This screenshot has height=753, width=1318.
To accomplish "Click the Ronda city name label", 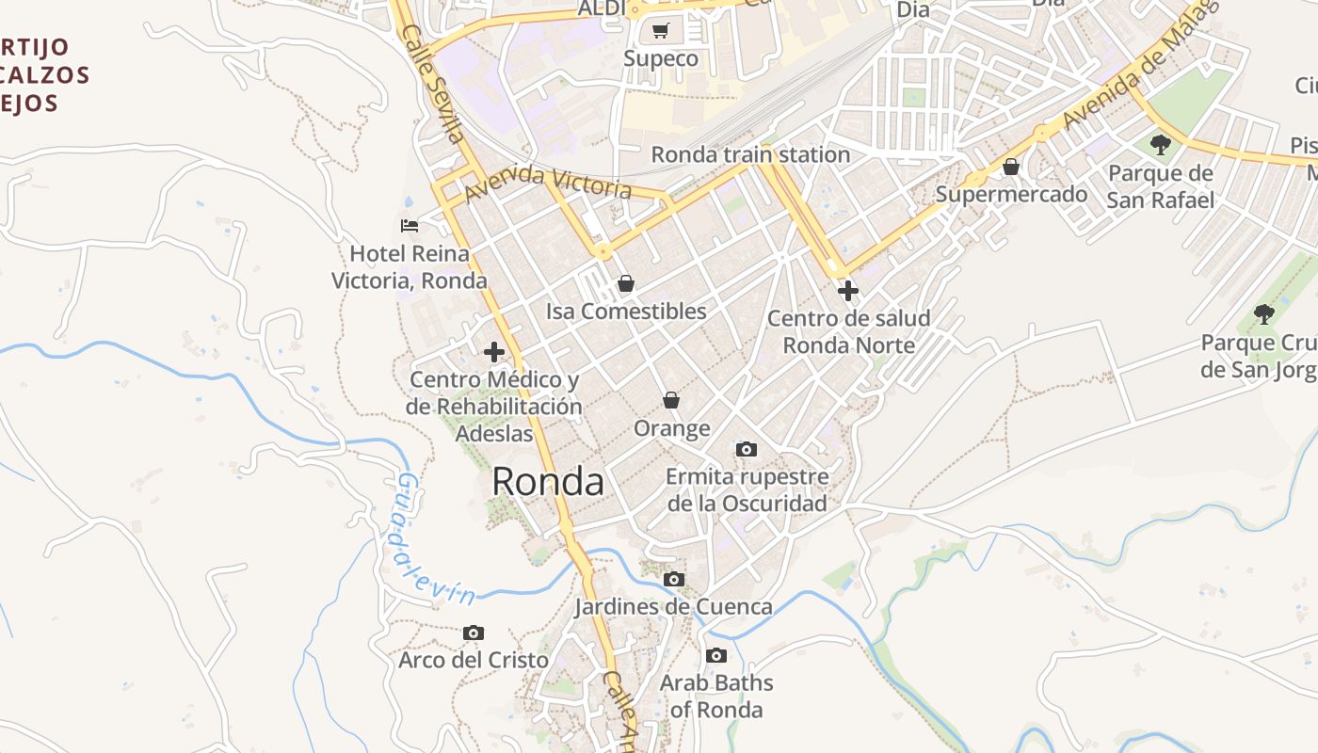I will (547, 481).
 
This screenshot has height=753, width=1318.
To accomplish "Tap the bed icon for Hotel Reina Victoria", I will (410, 226).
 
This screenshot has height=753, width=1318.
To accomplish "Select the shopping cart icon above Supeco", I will (661, 31).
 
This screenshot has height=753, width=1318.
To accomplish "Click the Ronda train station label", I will (750, 154).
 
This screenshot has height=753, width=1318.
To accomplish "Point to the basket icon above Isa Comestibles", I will (625, 283).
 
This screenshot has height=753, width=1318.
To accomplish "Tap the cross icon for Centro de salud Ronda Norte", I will (847, 291).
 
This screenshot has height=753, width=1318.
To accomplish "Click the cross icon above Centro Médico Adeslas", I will (493, 352).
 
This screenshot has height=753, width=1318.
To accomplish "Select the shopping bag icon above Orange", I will (671, 401).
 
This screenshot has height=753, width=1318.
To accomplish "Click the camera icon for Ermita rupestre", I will (747, 450).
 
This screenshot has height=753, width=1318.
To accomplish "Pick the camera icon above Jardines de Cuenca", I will (674, 580).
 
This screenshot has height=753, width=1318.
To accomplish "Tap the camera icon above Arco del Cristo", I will (474, 633).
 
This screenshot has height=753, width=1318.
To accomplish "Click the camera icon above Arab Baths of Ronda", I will (716, 656).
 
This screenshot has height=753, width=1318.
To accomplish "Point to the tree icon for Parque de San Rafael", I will (1161, 145).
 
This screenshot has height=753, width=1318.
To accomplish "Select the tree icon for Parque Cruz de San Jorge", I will (1264, 314).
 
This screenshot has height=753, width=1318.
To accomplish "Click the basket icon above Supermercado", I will (1011, 168).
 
